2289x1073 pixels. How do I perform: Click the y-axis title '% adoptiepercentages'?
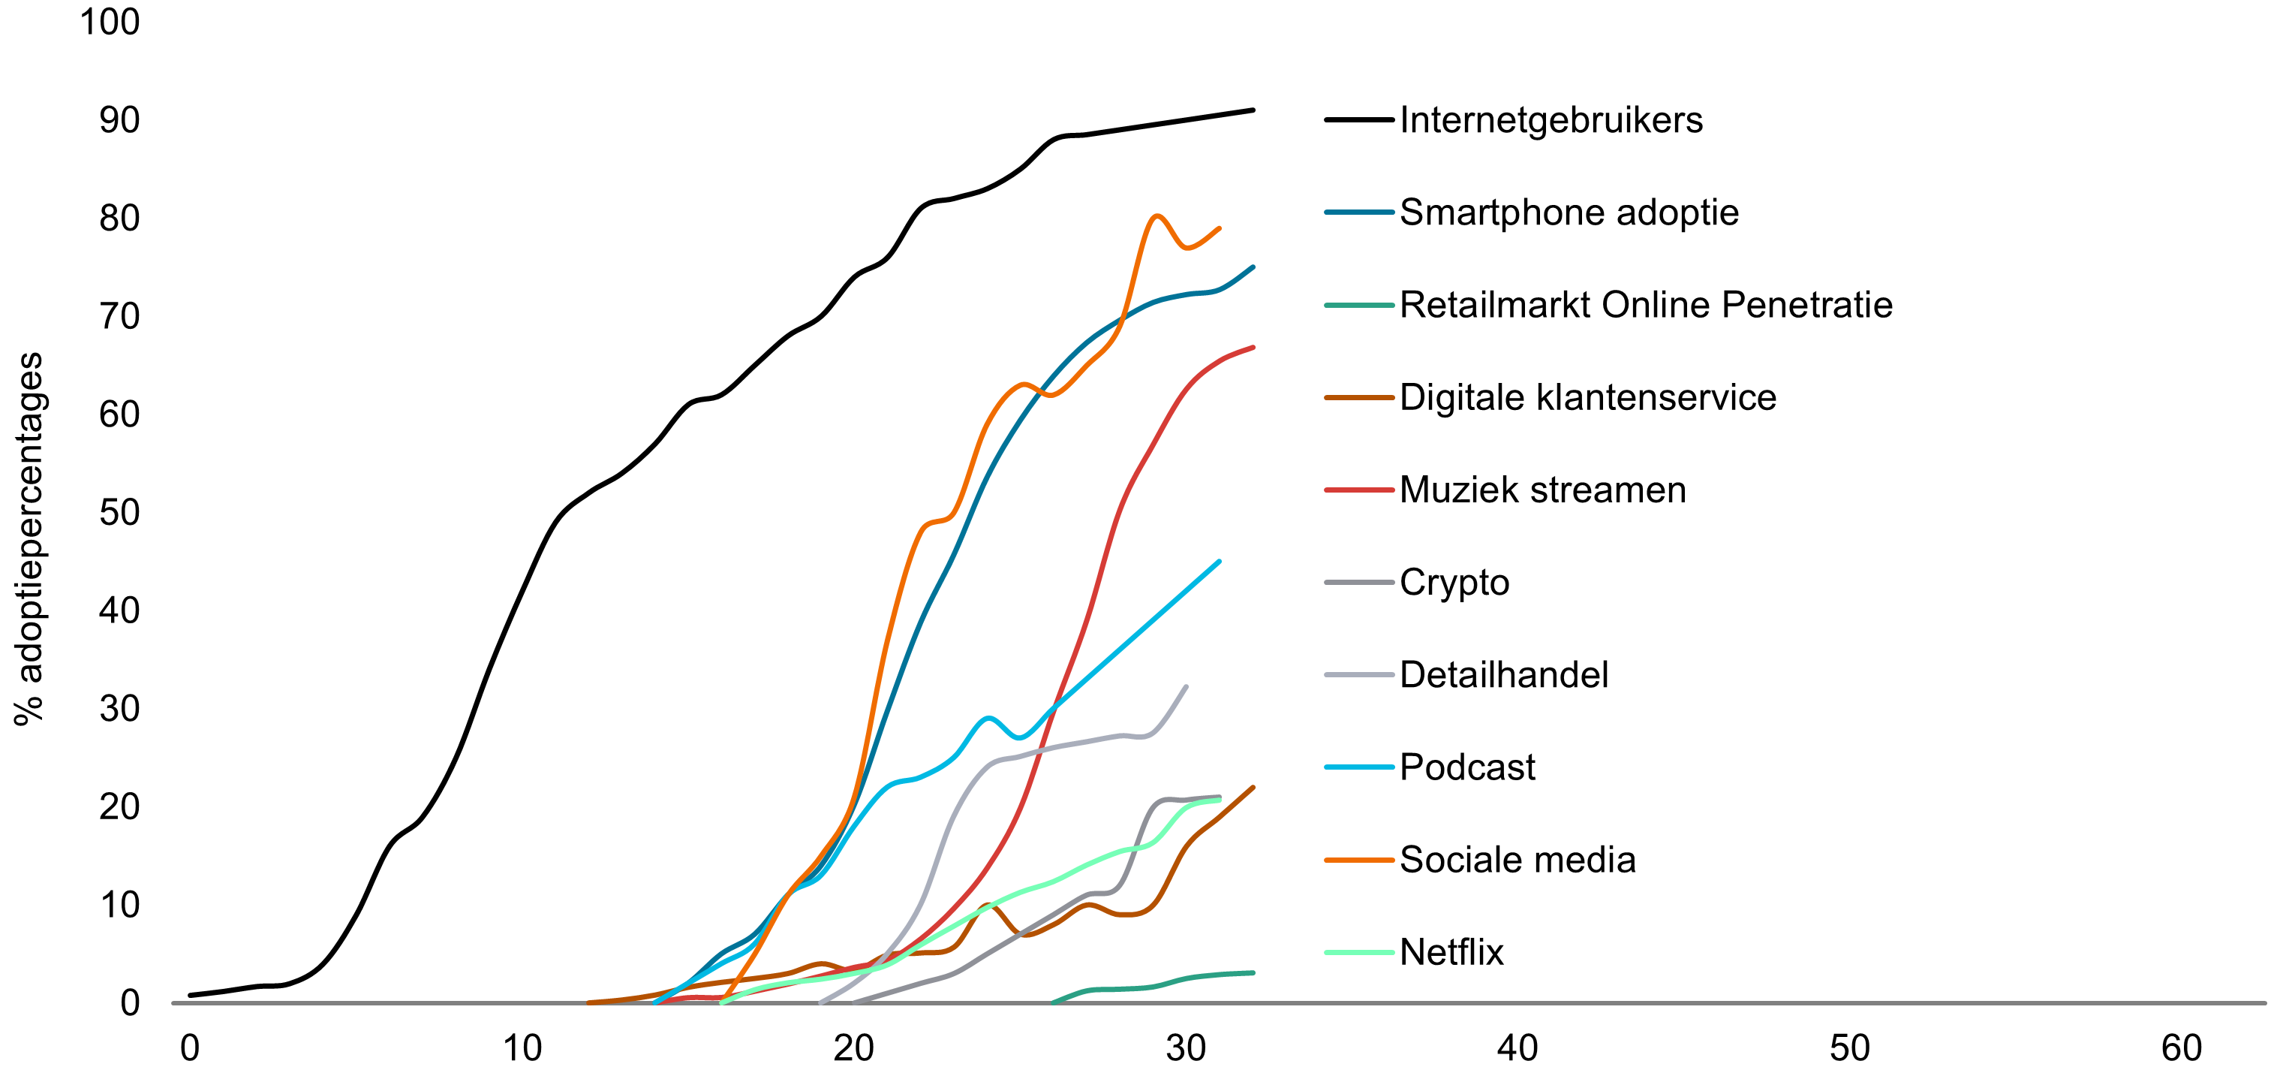coord(29,538)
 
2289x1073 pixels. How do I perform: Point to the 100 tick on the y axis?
coord(110,23)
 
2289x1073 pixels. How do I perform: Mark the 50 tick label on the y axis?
coord(119,513)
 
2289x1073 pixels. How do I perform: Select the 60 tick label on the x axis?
coord(2182,1049)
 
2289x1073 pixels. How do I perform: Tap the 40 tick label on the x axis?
coord(1517,1049)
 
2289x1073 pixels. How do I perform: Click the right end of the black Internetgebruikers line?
coord(1253,110)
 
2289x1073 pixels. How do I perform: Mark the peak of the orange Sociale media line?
coord(1156,216)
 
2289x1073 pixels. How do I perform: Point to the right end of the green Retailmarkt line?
coord(1253,972)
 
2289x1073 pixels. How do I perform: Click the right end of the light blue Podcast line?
coord(1219,562)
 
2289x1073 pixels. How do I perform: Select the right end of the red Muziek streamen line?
coord(1253,348)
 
